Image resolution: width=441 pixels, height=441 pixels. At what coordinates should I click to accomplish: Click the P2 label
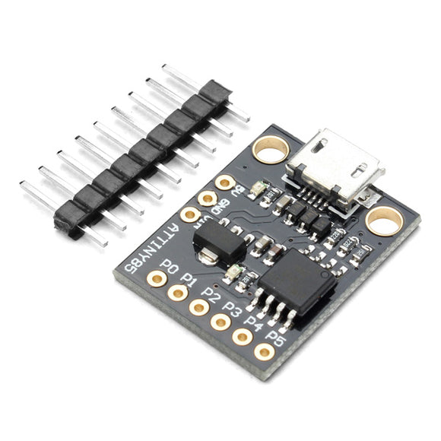click(x=213, y=296)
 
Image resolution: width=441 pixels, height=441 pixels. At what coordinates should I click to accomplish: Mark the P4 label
click(x=254, y=325)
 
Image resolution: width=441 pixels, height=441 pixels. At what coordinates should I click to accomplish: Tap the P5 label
click(x=275, y=339)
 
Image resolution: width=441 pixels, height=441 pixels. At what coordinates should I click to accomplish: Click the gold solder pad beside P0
click(x=157, y=279)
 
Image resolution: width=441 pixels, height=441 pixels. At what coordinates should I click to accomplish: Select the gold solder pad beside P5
click(x=264, y=351)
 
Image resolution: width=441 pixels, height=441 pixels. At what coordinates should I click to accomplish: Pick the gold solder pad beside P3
click(x=221, y=322)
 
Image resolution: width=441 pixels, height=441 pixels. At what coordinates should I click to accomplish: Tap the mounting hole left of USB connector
click(x=267, y=151)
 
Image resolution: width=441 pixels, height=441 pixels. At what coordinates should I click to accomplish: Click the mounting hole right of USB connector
click(x=384, y=221)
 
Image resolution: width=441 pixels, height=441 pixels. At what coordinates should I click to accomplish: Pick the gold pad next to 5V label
click(x=225, y=182)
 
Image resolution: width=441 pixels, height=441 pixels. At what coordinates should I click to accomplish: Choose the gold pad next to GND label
click(x=208, y=198)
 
